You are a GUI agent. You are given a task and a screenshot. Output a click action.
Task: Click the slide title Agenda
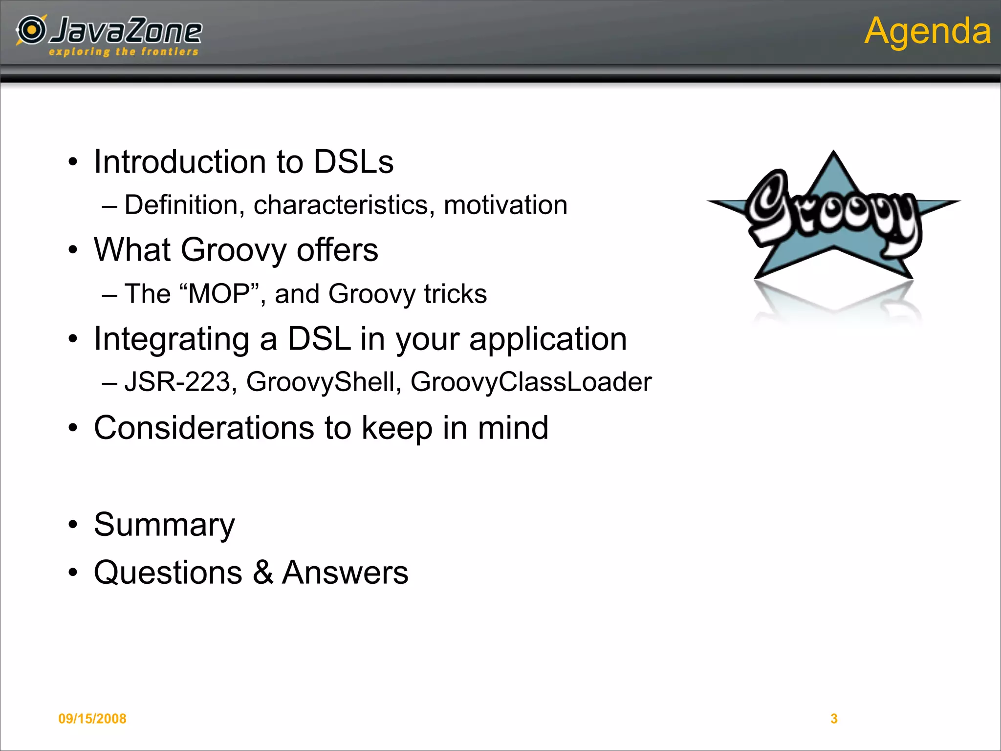pos(927,31)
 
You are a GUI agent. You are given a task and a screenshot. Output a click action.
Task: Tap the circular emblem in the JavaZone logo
pos(32,30)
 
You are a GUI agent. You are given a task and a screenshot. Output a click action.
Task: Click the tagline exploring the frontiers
pos(124,52)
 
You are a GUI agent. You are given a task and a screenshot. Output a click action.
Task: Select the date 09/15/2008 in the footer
pos(92,718)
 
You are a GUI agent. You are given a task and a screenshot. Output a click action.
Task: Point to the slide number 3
pos(834,718)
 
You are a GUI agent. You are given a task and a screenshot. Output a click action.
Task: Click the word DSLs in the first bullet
pos(353,162)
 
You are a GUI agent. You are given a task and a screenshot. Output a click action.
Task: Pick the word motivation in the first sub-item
pos(505,205)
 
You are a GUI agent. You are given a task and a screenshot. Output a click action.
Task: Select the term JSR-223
pos(177,382)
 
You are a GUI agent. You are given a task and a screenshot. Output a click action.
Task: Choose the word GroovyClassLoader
pos(531,382)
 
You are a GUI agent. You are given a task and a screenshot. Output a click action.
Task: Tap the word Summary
pos(164,525)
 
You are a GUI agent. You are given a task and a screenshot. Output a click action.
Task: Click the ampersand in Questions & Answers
pos(263,573)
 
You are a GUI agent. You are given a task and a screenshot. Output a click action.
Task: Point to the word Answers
pos(345,573)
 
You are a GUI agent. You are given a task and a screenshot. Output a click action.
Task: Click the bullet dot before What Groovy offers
pos(73,250)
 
